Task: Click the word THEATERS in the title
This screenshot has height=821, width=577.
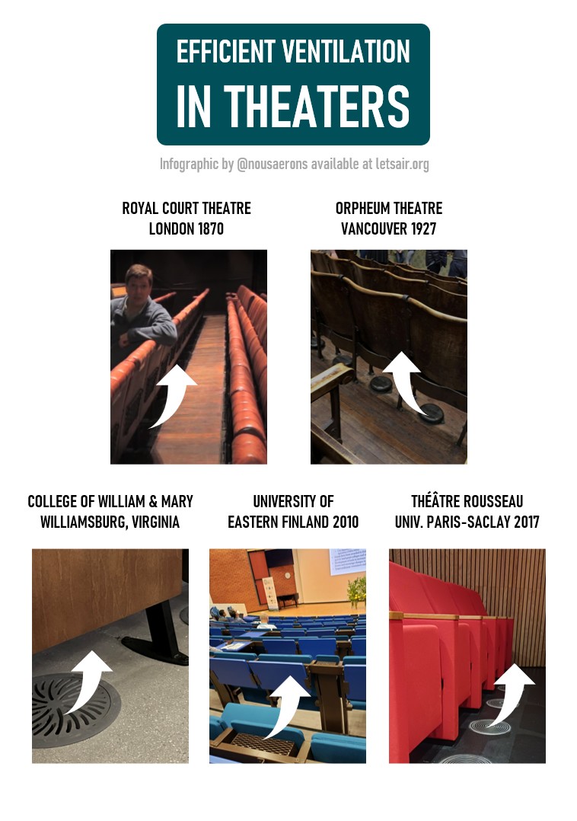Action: tap(317, 107)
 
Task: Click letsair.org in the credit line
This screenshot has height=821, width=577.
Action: tap(402, 164)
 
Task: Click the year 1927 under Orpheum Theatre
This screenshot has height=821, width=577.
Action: tap(423, 228)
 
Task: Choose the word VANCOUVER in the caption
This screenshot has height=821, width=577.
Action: tap(374, 228)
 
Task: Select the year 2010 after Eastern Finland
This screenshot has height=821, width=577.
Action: tap(346, 522)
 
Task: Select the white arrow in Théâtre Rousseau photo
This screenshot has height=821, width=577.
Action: tap(512, 696)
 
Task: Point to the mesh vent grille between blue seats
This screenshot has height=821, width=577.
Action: tap(262, 743)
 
